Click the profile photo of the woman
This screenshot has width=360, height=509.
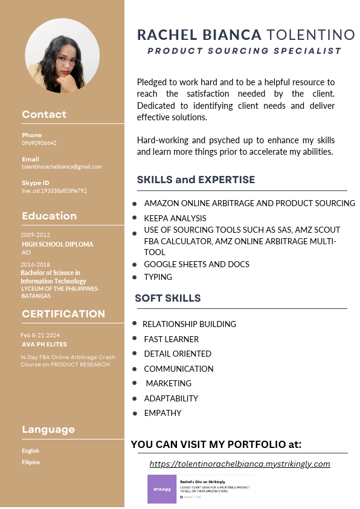click(62, 56)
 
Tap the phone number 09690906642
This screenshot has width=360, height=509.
click(39, 143)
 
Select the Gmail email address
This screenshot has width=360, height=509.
click(62, 167)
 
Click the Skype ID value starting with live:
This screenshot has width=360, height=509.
click(54, 190)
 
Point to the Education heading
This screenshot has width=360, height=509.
click(49, 216)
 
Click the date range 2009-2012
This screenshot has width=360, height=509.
click(35, 235)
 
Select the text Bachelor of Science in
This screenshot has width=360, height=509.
click(50, 273)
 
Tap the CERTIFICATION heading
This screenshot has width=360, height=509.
click(63, 314)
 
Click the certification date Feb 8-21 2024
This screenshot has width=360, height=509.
click(40, 335)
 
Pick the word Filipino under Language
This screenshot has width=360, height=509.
click(31, 462)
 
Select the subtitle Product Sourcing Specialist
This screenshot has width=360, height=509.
click(244, 51)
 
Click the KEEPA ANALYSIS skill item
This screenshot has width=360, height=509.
click(175, 218)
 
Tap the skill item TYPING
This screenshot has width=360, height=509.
click(158, 277)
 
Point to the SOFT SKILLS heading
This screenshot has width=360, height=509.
click(168, 298)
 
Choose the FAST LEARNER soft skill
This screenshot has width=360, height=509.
click(171, 339)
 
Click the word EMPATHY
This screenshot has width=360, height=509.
click(162, 413)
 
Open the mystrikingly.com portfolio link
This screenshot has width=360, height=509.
click(240, 464)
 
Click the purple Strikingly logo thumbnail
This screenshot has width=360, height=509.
click(160, 489)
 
